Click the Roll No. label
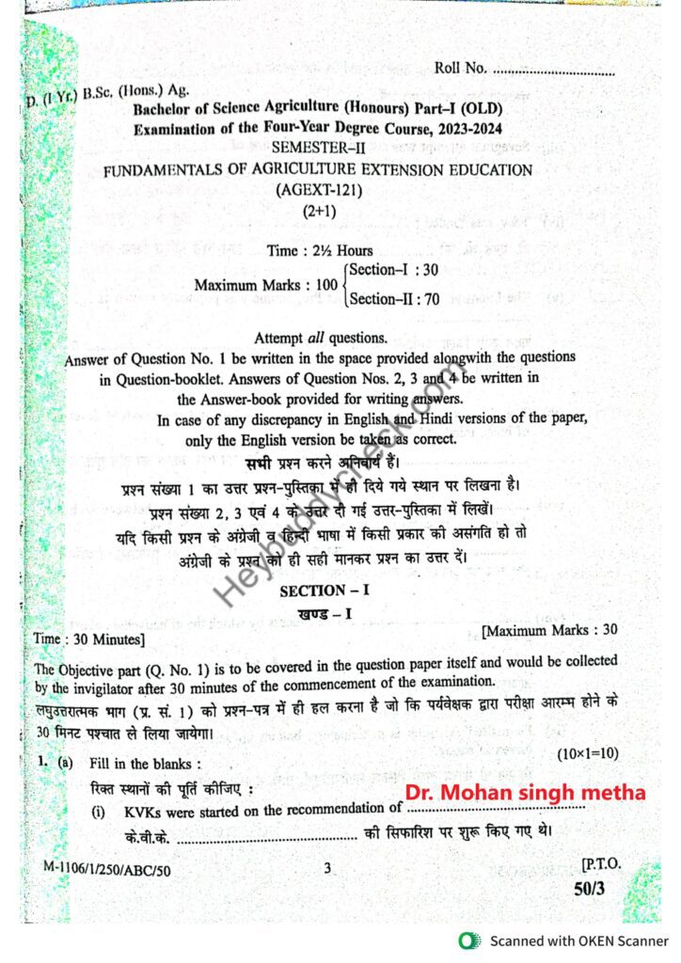point(460,69)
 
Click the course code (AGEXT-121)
point(319,190)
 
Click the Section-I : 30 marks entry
point(393,270)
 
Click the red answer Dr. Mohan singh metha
point(525,793)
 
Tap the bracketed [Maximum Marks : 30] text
point(548,629)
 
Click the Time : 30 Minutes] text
point(89,639)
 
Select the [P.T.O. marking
point(600,864)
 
